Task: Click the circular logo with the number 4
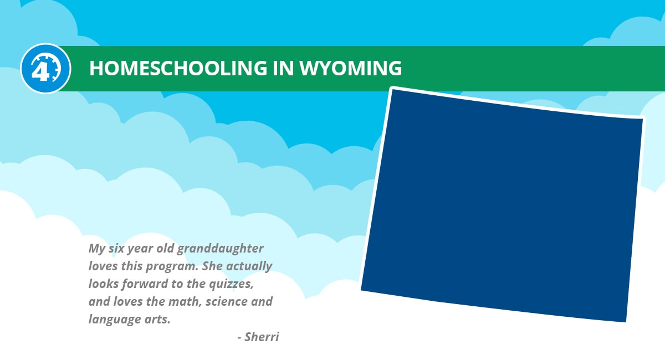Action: [x=45, y=68]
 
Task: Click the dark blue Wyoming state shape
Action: [x=502, y=205]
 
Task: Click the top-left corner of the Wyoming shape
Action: [x=392, y=90]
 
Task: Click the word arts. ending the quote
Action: [x=156, y=320]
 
